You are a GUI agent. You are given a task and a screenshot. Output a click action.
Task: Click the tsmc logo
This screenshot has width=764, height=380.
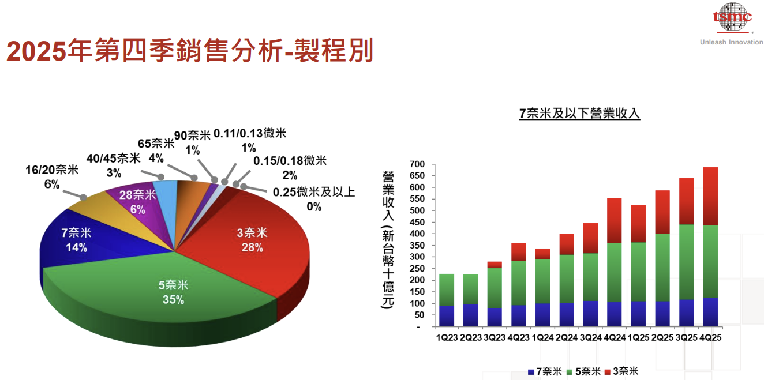[732, 17]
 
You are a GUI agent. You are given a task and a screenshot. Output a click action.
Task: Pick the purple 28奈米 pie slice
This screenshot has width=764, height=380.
[137, 202]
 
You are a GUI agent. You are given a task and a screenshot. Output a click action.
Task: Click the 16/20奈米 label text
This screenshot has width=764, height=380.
[52, 170]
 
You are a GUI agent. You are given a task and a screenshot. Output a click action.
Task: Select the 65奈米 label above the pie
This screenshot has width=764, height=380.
[156, 144]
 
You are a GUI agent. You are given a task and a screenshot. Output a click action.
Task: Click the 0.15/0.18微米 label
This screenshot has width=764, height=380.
[290, 160]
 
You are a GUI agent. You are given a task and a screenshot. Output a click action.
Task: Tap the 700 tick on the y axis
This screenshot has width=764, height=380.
[416, 164]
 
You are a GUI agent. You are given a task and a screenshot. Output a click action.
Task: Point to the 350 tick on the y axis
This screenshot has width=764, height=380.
[416, 246]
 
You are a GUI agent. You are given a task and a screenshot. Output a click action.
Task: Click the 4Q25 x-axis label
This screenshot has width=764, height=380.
[710, 337]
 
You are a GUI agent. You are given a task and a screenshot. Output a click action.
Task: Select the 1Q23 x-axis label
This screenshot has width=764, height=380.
[447, 337]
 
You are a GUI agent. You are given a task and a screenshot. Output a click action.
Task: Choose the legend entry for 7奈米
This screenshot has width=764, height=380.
[545, 371]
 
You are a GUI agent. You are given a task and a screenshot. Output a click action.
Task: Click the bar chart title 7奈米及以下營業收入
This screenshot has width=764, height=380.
[579, 114]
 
